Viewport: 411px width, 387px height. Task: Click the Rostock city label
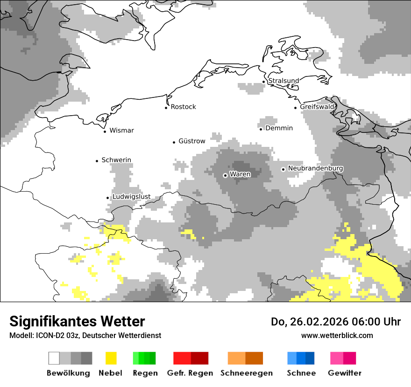183,107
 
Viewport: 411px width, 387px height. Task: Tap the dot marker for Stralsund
263,82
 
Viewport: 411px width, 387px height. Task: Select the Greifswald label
317,107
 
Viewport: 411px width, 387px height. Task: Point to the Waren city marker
225,175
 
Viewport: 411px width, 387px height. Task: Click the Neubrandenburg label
316,168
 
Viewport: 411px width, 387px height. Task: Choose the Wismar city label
121,131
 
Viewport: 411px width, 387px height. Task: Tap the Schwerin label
116,160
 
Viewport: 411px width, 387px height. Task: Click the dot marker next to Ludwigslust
107,198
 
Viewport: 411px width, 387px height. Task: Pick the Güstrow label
191,141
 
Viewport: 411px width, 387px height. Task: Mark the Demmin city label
279,128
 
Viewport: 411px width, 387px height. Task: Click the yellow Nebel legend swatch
111,358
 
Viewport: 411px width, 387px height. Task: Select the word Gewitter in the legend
345,373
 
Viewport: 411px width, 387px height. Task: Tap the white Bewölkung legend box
54,358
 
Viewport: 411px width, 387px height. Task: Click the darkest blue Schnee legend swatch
310,358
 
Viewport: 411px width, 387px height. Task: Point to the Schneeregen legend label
247,373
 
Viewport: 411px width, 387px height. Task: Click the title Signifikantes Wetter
77,321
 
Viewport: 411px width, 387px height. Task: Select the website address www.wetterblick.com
337,335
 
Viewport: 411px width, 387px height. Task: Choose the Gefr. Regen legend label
190,373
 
